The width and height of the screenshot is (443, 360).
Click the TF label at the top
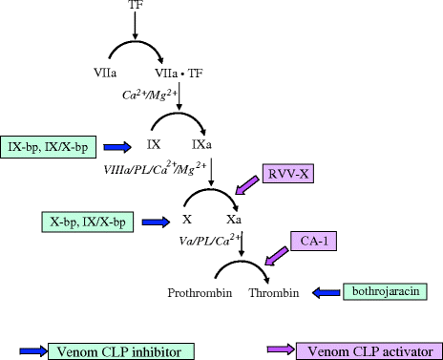tap(135, 7)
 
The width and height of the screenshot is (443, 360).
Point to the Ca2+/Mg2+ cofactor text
tap(152, 95)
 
